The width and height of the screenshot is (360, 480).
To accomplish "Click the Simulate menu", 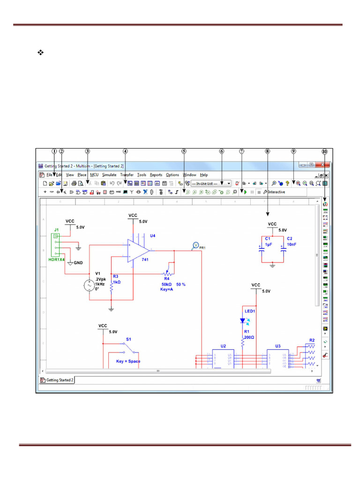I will click(x=109, y=175).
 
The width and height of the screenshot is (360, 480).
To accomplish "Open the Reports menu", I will click(x=156, y=175).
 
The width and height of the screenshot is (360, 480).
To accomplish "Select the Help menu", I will click(x=204, y=175).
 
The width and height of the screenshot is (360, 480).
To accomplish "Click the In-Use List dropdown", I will click(x=211, y=184).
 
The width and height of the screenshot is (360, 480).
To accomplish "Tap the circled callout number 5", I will click(x=184, y=151).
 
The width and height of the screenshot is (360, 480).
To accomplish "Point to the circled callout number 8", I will click(x=267, y=151).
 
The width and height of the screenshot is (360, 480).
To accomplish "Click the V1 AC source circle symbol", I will click(x=88, y=285).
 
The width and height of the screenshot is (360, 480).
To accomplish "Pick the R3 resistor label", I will click(x=115, y=277).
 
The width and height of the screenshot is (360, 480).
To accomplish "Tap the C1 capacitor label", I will click(x=268, y=239).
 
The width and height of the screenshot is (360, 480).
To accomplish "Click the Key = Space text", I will click(x=128, y=361).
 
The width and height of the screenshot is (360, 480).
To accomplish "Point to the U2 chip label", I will click(x=223, y=346).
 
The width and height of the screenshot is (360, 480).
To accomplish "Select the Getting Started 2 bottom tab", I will click(x=57, y=380).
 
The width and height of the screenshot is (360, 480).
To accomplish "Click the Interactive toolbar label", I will click(x=276, y=192).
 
